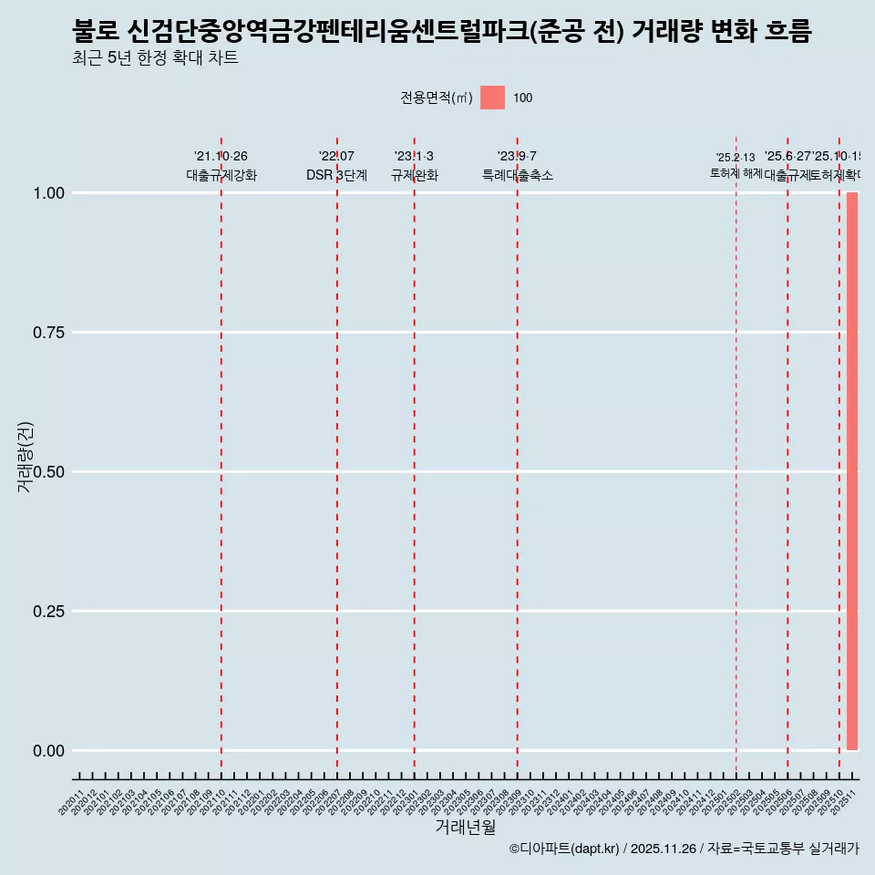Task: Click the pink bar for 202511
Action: click(x=852, y=471)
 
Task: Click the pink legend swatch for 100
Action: click(x=492, y=98)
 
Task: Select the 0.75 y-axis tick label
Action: click(x=48, y=332)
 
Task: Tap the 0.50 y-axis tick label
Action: click(x=48, y=471)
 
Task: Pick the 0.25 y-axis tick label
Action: click(x=48, y=611)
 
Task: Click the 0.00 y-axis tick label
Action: click(x=48, y=750)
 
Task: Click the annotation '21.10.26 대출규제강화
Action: click(x=221, y=166)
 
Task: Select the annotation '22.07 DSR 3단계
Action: click(x=336, y=166)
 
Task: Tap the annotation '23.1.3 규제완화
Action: click(x=415, y=166)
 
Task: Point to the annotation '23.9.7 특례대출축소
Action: click(x=518, y=166)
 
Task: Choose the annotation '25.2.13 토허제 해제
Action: click(x=736, y=165)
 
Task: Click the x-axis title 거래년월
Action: click(x=465, y=827)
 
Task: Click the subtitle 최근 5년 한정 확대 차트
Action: click(x=155, y=58)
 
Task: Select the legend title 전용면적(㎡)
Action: click(x=436, y=98)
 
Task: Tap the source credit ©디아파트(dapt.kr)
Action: click(x=564, y=849)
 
